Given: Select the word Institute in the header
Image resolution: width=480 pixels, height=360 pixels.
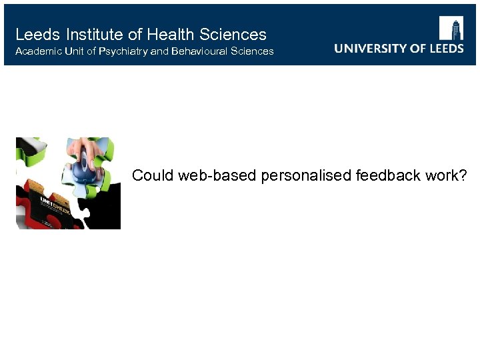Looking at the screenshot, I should [91, 35].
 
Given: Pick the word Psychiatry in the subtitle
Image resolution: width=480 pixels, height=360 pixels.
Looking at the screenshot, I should [123, 51].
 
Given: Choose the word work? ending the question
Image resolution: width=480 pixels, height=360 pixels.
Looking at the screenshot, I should [447, 175].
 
